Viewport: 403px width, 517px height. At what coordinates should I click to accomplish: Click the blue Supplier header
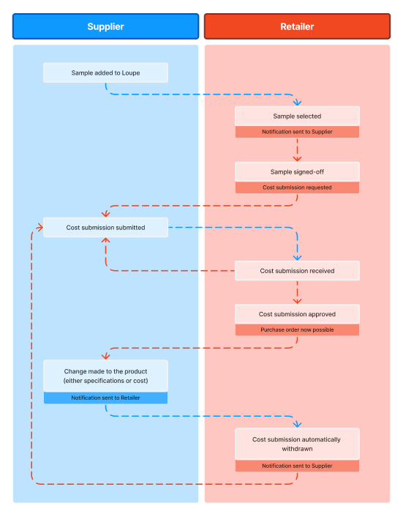coord(106,26)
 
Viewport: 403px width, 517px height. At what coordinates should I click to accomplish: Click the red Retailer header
coord(297,26)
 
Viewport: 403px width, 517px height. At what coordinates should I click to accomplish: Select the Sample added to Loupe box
coord(106,72)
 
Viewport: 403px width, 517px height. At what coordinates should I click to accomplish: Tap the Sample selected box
coord(297,116)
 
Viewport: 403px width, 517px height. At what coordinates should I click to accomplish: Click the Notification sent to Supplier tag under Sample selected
coord(297,132)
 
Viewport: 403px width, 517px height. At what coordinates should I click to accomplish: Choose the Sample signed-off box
coord(297,172)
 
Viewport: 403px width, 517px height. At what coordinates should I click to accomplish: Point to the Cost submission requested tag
coord(297,187)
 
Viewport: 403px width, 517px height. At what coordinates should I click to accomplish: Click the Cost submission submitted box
coord(106,228)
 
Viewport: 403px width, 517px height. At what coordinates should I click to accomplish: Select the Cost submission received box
coord(297,271)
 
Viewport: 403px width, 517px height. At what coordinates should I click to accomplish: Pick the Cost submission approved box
coord(297,314)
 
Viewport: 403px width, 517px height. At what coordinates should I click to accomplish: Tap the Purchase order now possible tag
coord(297,330)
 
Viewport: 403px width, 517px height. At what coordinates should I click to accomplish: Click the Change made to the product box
coord(106,376)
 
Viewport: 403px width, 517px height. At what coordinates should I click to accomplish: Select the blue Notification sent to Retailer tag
coord(106,398)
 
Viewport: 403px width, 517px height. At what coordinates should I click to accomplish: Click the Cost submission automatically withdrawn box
coord(297,444)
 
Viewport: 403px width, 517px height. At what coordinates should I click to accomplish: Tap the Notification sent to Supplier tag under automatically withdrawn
coord(297,466)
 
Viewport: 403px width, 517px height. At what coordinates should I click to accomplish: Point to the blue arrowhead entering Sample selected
coord(297,103)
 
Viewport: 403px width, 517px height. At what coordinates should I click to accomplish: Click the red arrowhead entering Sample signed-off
coord(297,159)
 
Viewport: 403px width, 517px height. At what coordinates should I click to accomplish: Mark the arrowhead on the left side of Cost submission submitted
coord(39,228)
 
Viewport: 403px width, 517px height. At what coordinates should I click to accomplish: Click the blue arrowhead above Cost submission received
coord(297,258)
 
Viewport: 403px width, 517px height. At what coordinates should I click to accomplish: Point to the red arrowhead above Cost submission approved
coord(297,301)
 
